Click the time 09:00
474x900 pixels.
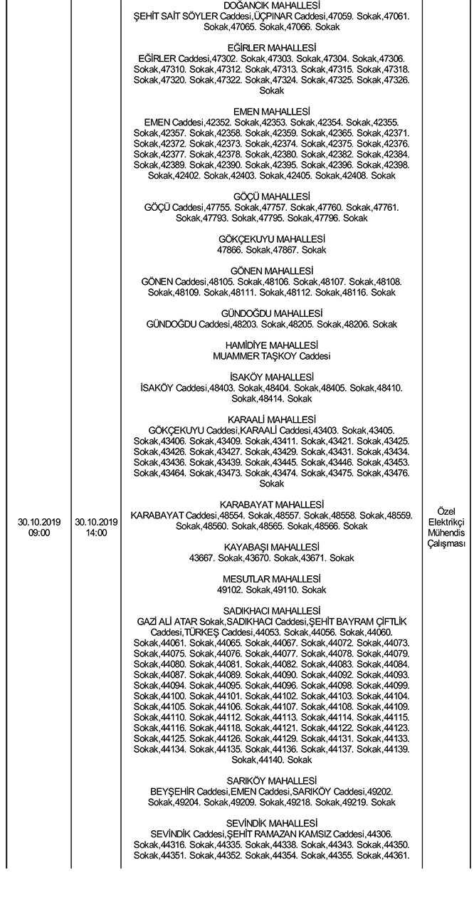(34, 532)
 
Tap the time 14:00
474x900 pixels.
(96, 532)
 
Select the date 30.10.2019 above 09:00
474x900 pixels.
(34, 522)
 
